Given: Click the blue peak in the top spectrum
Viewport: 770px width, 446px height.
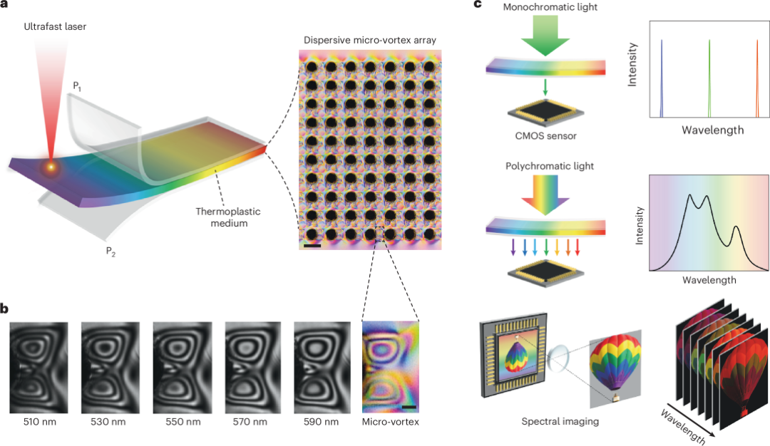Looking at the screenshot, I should tap(662, 78).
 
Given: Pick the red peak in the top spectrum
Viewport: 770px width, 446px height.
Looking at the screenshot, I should tap(757, 78).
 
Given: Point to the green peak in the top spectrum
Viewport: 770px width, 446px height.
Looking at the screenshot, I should tap(709, 78).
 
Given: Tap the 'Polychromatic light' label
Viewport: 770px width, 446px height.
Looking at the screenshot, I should tap(545, 166).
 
